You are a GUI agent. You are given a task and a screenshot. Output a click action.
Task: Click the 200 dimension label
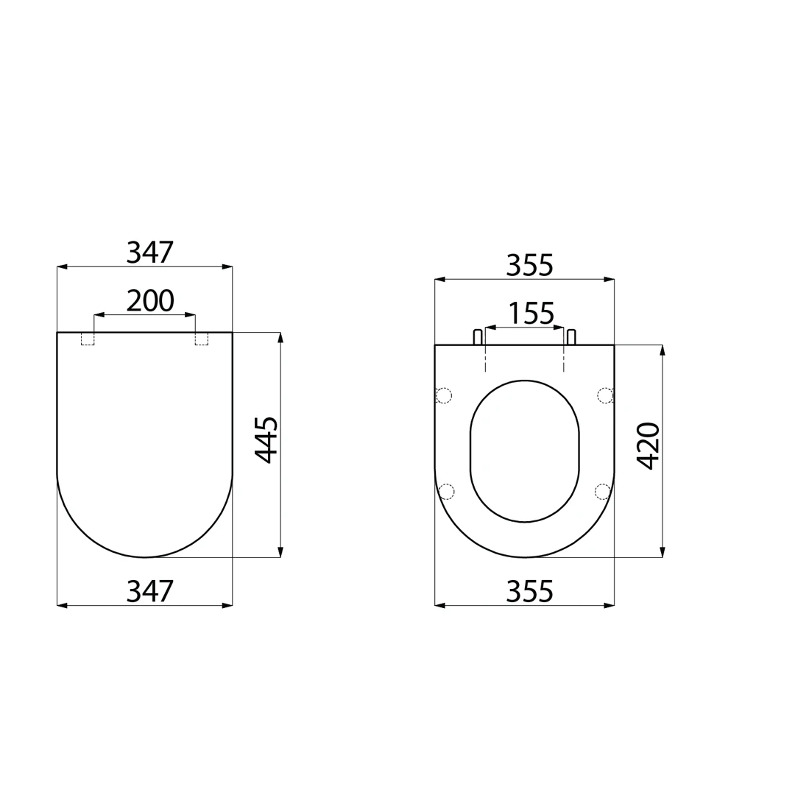150,300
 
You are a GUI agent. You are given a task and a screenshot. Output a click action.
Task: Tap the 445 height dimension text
266,439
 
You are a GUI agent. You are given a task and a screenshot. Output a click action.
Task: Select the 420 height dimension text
649,445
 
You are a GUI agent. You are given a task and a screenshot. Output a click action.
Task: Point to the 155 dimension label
531,314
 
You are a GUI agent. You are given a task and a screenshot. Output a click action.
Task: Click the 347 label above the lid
150,252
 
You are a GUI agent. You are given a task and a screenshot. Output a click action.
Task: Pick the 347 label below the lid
150,591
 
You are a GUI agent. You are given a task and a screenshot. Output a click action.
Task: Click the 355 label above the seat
529,265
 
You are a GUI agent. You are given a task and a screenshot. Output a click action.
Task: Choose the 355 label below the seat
529,591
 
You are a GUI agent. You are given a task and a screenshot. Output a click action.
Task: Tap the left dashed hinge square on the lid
88,339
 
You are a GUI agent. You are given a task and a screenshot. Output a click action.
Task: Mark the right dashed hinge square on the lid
201,339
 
